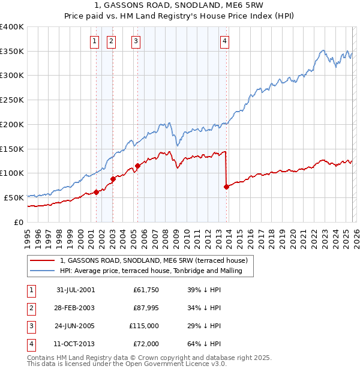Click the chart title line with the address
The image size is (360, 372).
(179, 5)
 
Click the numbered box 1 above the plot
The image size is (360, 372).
(95, 41)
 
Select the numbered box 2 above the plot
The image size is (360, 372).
(112, 41)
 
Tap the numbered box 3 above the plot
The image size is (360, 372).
(136, 41)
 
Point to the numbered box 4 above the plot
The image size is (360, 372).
(224, 41)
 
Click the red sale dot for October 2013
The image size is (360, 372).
(226, 187)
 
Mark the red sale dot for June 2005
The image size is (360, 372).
(137, 166)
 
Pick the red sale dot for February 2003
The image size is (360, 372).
(113, 179)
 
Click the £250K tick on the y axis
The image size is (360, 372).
(13, 100)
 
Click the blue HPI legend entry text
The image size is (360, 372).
(151, 271)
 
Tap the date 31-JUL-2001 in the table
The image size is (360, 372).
(76, 290)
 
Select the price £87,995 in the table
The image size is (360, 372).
(144, 308)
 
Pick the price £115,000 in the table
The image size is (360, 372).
(144, 326)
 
